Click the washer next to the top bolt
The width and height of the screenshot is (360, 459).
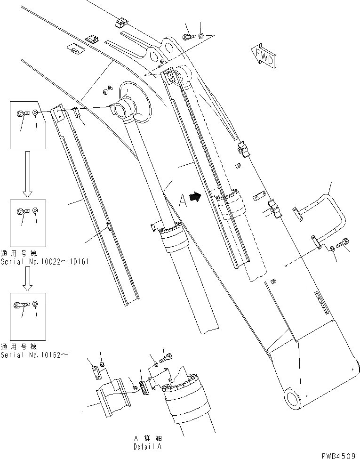point(201,36)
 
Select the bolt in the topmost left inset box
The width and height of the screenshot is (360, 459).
point(23,113)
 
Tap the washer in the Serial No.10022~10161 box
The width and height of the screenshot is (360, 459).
point(36,210)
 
